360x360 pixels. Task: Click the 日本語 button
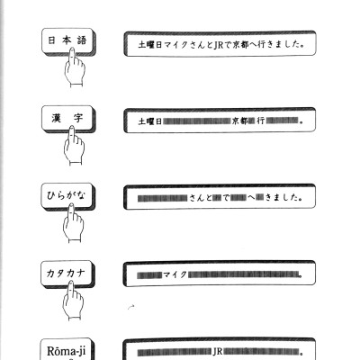tap(68, 41)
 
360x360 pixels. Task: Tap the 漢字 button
tap(68, 119)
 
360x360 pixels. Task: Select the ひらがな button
tap(68, 196)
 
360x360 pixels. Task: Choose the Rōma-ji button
tap(67, 349)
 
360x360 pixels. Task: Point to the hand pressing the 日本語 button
tap(74, 67)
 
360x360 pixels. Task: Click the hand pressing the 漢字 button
tap(74, 146)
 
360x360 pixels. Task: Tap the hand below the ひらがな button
tap(73, 223)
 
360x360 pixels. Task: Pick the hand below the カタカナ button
tap(72, 300)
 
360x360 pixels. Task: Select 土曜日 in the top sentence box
tap(150, 45)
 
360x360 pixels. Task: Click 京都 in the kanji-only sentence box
tap(240, 121)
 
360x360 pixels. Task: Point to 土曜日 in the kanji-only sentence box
tap(150, 121)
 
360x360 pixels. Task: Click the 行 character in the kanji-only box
tap(261, 121)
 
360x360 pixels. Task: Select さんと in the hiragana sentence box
tap(201, 198)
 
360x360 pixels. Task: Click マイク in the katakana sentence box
tap(175, 274)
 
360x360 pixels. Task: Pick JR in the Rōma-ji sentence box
tap(218, 352)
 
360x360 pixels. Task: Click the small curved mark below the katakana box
tap(131, 307)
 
